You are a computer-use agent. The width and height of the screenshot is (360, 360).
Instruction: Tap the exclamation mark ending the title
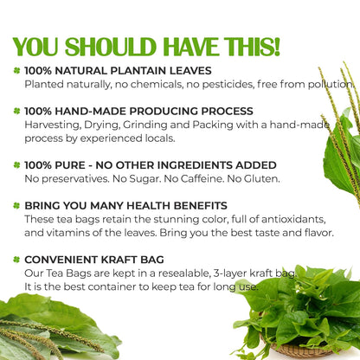[x=274, y=45]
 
